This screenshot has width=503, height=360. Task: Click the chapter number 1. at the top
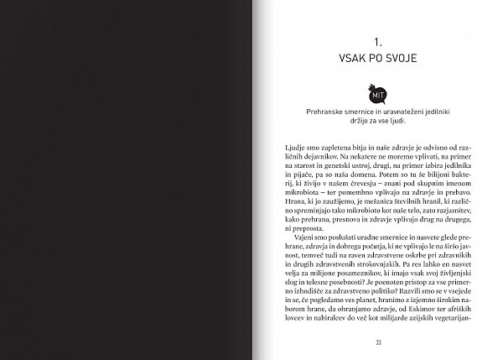pos(378,39)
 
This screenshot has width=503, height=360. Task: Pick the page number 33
pos(378,342)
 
